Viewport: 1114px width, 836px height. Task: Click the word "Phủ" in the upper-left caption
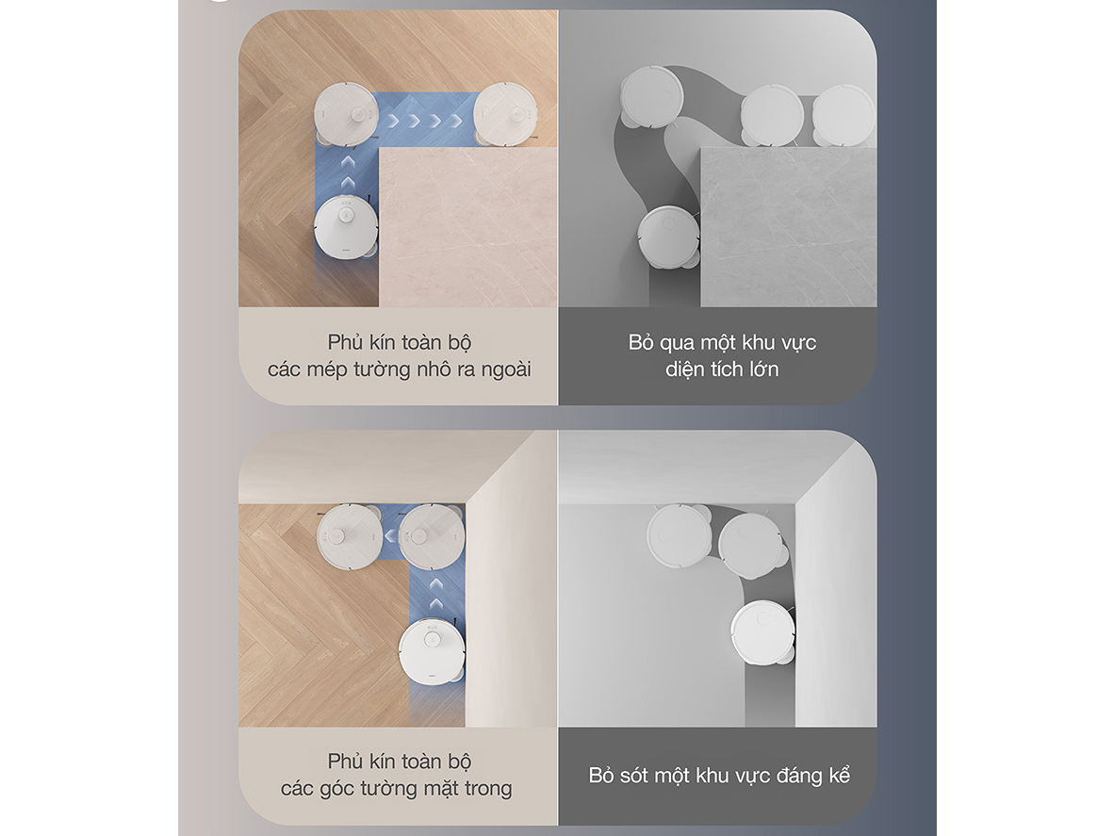pos(345,343)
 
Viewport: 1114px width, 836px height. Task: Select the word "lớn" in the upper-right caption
pos(763,369)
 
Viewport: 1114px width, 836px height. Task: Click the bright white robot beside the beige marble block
pos(346,228)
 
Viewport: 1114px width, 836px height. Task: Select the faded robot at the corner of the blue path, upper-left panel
pos(347,115)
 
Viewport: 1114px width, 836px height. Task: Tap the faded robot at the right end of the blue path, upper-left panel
pos(506,115)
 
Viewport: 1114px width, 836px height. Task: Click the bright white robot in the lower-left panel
pos(432,652)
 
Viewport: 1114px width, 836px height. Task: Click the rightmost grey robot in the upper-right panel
pos(844,116)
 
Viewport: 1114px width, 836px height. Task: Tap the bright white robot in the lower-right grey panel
pos(763,632)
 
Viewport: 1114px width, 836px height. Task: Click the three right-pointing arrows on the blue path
pos(425,121)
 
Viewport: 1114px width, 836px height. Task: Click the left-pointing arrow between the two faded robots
pos(390,535)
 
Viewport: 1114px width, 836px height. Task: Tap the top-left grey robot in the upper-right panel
pos(652,97)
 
